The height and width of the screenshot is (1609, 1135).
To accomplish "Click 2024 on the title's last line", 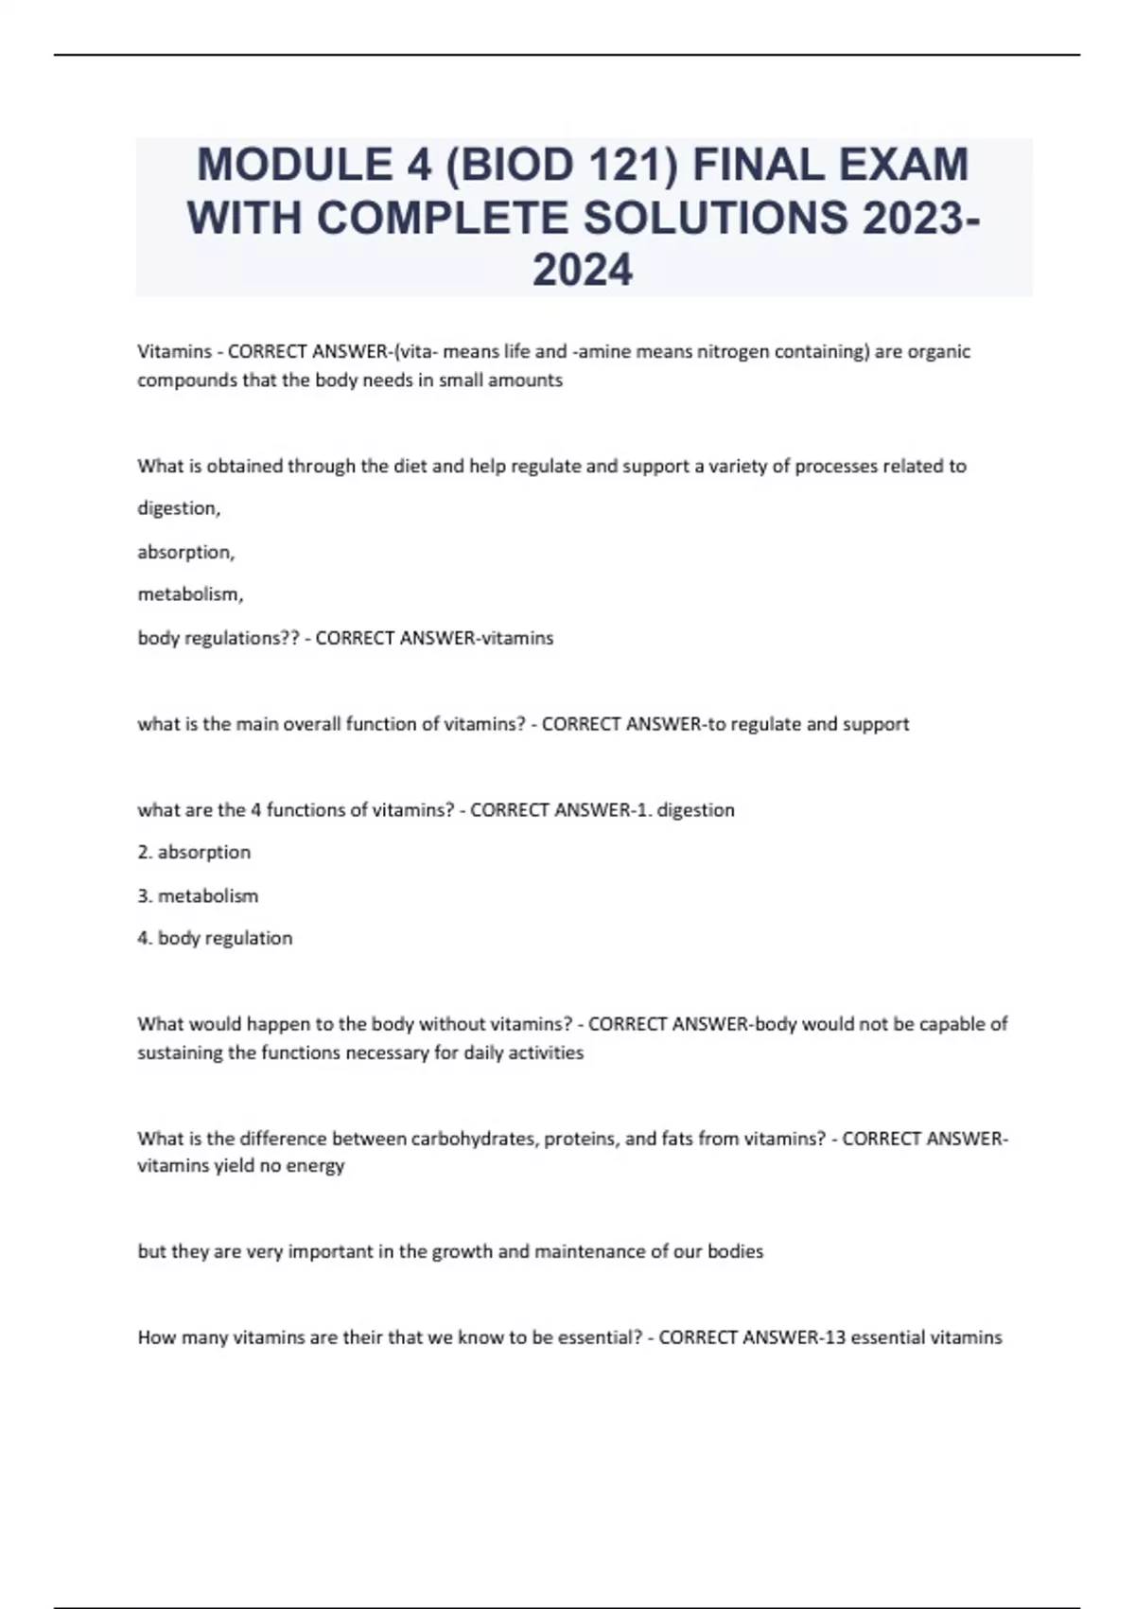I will [x=583, y=271].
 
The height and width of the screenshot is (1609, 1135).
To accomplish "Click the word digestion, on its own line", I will [x=179, y=509].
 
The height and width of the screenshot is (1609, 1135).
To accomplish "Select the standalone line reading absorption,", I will [x=185, y=552].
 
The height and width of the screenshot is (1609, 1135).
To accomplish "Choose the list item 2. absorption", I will [x=194, y=852].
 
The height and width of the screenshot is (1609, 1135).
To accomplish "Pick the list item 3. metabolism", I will [x=198, y=895].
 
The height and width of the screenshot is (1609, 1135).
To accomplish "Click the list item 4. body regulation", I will [x=215, y=938].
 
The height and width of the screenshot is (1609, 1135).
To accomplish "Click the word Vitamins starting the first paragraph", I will [x=174, y=352].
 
